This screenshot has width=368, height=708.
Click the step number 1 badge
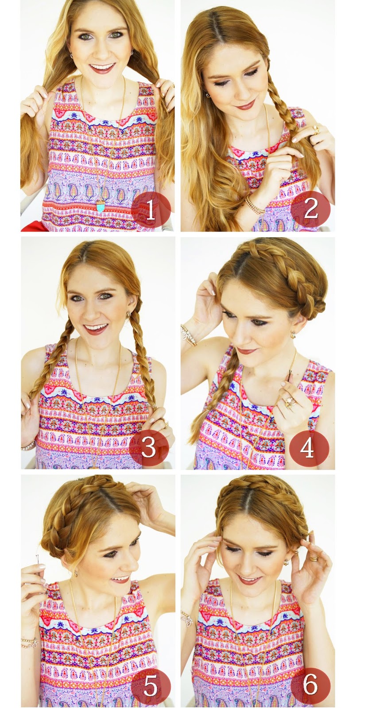(151, 209)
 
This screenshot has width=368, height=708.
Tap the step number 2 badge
(310, 209)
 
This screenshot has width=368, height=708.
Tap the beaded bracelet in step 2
(255, 204)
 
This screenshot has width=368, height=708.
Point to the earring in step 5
(76, 571)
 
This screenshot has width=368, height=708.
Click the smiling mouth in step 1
(102, 68)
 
